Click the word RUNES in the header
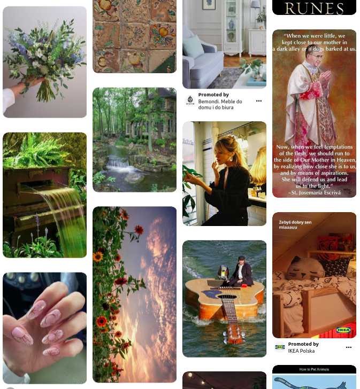314,8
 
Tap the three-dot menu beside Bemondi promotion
259,101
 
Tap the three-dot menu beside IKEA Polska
349,347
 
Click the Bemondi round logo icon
190,100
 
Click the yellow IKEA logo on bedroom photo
343,330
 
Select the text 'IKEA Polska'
301,351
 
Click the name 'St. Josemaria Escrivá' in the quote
314,192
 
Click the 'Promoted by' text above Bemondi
213,95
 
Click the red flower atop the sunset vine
139,230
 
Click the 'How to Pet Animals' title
314,369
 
